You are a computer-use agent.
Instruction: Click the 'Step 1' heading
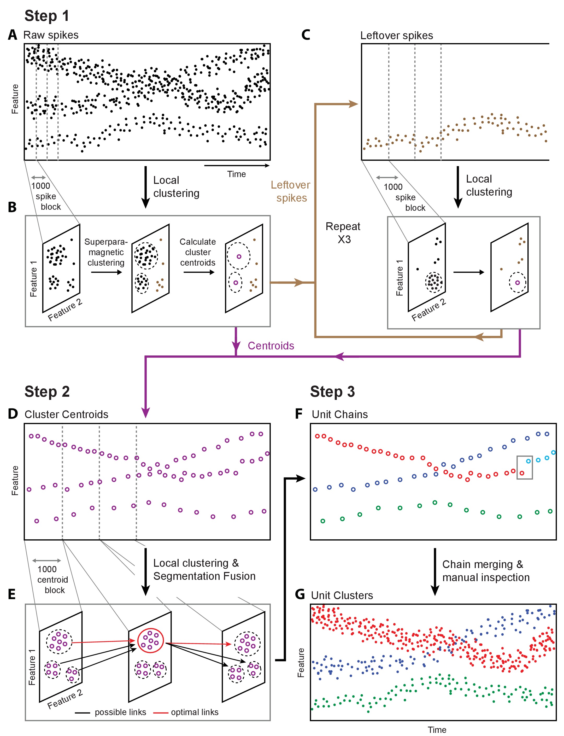[47, 16]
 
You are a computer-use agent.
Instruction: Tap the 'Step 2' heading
[47, 392]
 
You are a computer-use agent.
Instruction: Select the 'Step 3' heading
[332, 392]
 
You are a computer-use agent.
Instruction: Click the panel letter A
[13, 35]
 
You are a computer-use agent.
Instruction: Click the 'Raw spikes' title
[51, 35]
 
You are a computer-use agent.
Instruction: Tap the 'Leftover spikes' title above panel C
[396, 36]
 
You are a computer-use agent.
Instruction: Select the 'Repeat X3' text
[343, 233]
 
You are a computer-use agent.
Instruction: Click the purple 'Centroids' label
[271, 346]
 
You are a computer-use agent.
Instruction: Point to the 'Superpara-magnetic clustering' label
[106, 252]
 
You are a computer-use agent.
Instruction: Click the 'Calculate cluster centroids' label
[198, 252]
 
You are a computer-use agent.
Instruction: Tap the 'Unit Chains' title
[340, 414]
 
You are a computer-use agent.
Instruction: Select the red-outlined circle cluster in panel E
[150, 640]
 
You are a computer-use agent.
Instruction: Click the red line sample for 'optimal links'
[161, 712]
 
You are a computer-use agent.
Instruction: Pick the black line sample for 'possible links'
[83, 712]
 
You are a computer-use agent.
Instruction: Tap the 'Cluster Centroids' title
[67, 414]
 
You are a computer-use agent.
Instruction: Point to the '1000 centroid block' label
[53, 580]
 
